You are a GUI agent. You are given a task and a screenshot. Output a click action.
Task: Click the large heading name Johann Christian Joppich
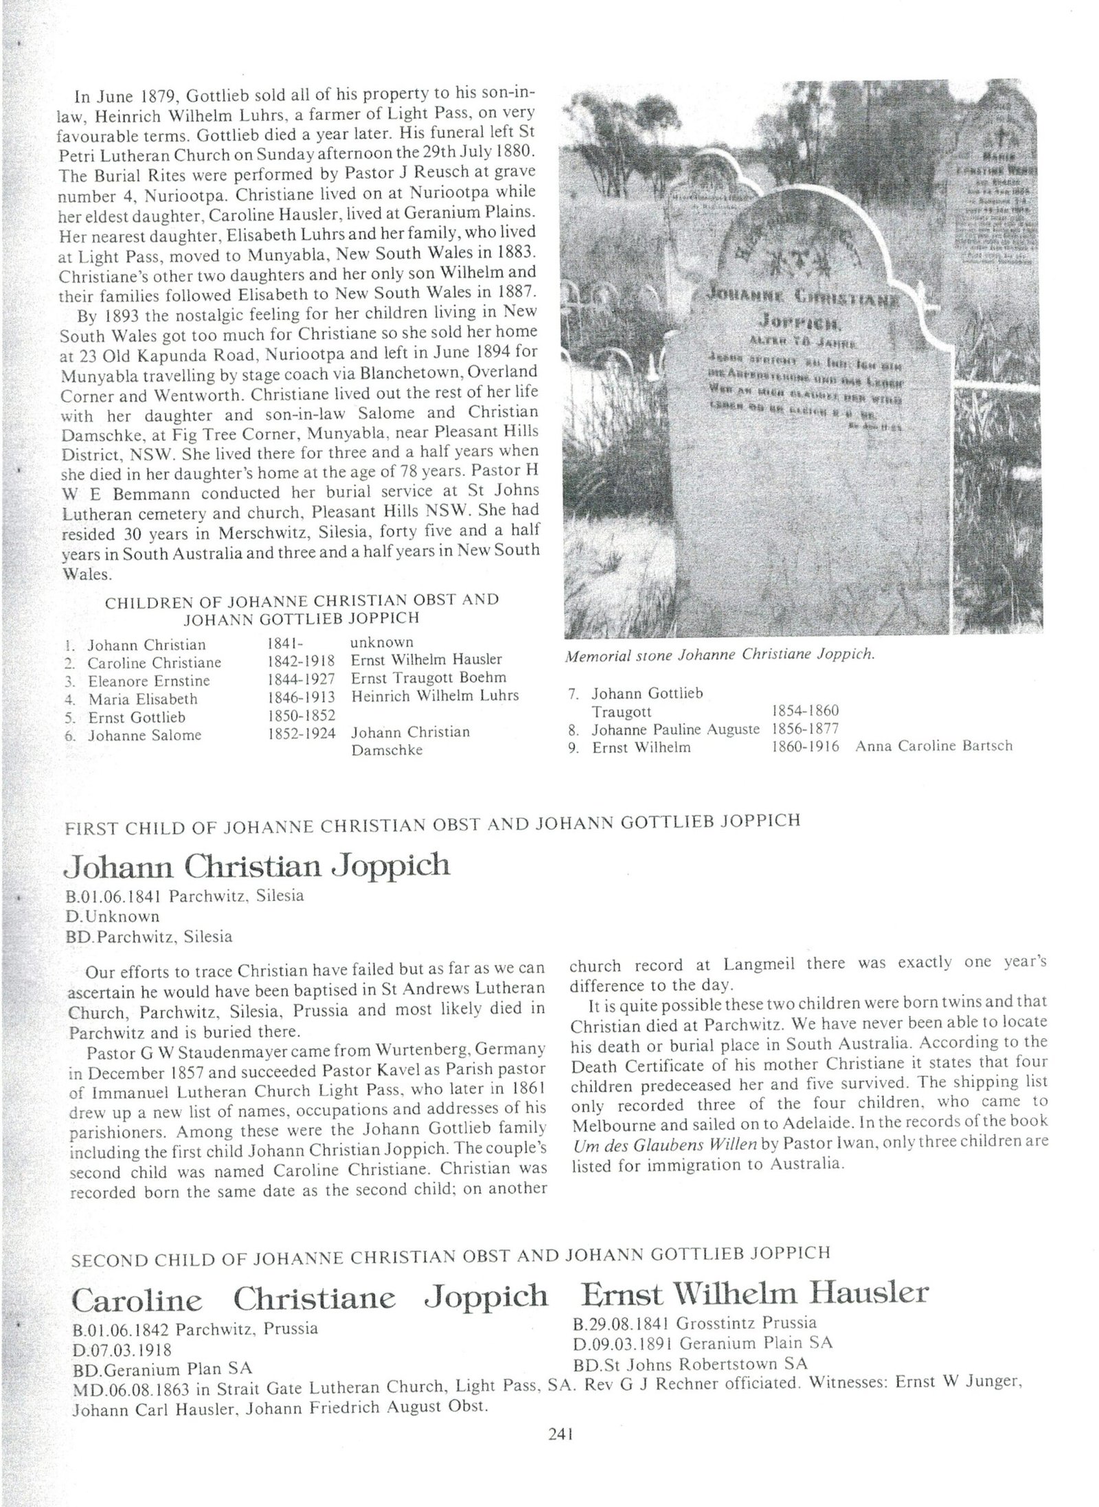[x=256, y=865]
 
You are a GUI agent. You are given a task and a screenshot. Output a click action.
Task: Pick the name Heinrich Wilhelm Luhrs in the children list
[x=435, y=696]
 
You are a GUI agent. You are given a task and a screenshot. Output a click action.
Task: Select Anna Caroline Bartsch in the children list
[x=933, y=746]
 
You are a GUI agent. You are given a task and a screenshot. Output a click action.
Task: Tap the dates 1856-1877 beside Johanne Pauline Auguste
[x=805, y=729]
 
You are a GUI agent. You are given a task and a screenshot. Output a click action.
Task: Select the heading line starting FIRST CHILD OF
[x=432, y=822]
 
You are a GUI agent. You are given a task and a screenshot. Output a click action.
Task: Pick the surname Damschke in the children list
[x=387, y=750]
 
